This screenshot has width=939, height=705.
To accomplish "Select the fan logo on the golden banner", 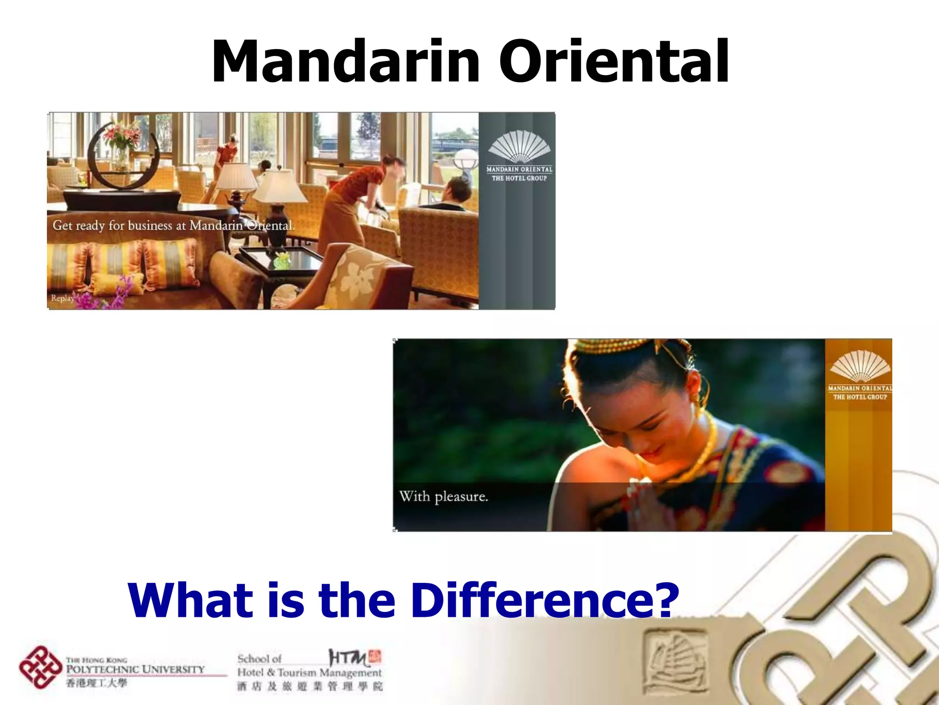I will [859, 366].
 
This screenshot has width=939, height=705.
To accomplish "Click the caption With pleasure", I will [443, 497].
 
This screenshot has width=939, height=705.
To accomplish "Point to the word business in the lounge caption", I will [150, 225].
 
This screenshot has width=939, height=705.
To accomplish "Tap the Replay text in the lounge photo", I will [62, 298].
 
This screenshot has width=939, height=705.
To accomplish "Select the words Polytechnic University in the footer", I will [135, 669].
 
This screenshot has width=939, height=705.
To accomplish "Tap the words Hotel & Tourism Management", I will [309, 673].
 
